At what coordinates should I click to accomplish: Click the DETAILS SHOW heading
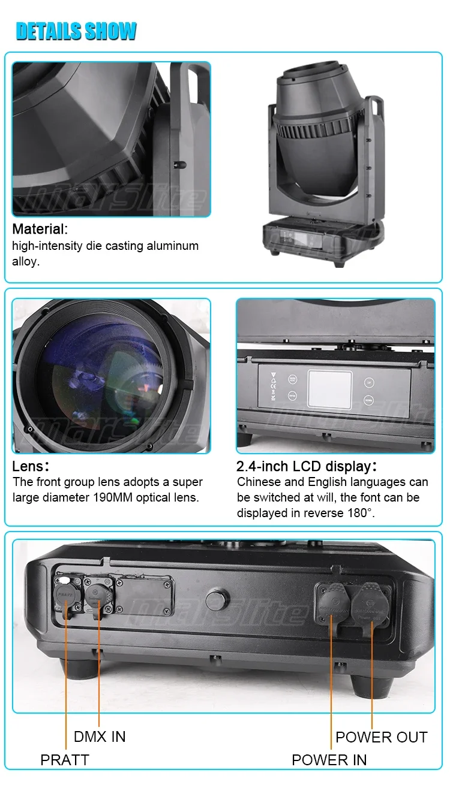[x=76, y=31]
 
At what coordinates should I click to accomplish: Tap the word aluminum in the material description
[x=169, y=246]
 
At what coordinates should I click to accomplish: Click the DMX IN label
[x=100, y=736]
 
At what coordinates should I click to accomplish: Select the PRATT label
[x=64, y=760]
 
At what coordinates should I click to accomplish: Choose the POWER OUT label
[x=382, y=736]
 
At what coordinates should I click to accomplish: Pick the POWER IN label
[x=329, y=760]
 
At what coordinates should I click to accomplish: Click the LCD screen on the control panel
[x=329, y=389]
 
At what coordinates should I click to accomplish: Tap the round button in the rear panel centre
[x=217, y=600]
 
